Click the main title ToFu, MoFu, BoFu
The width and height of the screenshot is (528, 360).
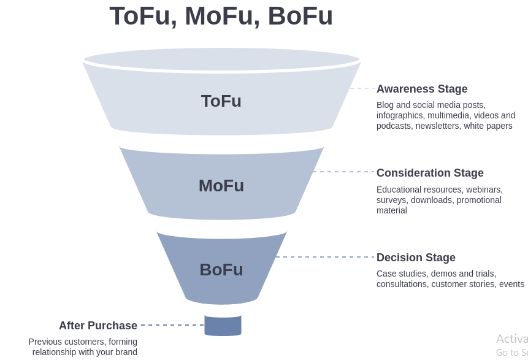221,16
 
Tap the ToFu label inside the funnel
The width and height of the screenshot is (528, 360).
221,101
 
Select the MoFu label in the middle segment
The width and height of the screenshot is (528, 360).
221,186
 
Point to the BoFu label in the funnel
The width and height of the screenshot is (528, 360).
221,270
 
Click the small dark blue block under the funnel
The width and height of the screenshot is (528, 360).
223,325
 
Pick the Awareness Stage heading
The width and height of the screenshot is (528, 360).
422,89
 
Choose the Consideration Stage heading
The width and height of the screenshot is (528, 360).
430,173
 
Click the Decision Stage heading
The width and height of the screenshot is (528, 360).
416,258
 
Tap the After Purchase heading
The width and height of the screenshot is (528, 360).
98,326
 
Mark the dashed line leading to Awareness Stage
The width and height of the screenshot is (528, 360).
362,88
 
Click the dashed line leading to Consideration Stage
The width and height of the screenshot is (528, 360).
344,172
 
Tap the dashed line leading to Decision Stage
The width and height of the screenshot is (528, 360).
325,257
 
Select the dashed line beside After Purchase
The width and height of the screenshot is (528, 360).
172,325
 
